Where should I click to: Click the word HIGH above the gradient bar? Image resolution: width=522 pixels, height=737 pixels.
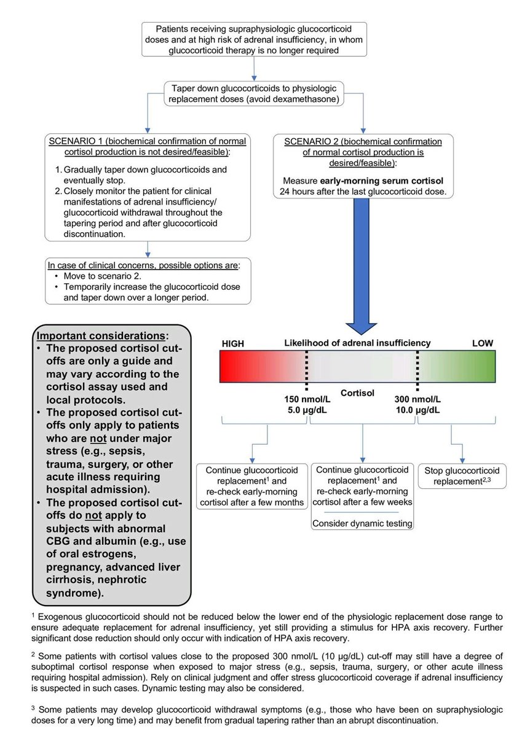(x=234, y=344)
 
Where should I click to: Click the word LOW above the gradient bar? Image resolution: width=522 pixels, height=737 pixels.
(x=482, y=343)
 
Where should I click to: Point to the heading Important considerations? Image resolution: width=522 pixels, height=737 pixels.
(x=101, y=336)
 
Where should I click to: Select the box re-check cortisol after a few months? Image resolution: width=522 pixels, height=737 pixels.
(x=251, y=486)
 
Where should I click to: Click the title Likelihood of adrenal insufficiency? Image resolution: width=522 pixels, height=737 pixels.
(x=357, y=343)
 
